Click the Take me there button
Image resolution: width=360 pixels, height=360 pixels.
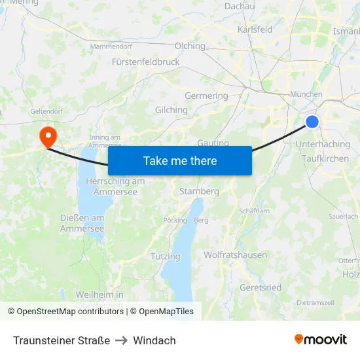coord(180,160)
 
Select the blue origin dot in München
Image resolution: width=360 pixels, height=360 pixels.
coord(312,121)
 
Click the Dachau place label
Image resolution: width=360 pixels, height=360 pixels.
coord(240,6)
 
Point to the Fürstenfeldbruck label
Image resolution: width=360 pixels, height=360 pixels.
coord(145,62)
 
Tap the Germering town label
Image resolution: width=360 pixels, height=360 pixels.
coord(206,96)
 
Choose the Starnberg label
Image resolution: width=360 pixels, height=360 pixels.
coord(199,191)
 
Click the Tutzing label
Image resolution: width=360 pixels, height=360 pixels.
coord(166,256)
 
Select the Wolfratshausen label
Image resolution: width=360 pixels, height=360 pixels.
coord(235,255)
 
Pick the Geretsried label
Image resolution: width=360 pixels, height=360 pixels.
coord(261,287)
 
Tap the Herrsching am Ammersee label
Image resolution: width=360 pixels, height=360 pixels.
coord(115,187)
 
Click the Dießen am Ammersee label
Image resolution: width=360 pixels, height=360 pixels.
coord(82,223)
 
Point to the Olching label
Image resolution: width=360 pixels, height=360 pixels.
coord(190,46)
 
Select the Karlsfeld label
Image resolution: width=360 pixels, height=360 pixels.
coord(255,29)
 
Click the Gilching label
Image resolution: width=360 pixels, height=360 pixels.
coord(171,110)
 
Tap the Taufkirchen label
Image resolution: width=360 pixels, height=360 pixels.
coord(325,158)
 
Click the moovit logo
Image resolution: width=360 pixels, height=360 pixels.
coord(320,339)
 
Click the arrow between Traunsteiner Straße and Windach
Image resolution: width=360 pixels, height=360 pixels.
coord(122,340)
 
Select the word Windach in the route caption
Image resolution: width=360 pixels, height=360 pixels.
coord(154,340)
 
